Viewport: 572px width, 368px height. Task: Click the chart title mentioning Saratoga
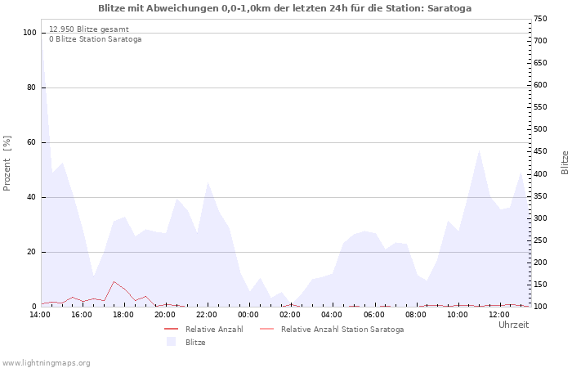click(284, 8)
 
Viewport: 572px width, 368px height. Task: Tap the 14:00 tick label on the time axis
click(40, 314)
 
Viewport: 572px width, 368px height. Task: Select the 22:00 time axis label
click(208, 314)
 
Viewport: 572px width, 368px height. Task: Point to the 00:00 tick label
click(249, 314)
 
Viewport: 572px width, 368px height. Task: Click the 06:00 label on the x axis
click(375, 314)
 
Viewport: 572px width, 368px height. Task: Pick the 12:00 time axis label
click(500, 314)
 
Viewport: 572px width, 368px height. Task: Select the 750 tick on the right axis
click(540, 19)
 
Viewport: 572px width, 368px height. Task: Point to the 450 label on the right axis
click(540, 150)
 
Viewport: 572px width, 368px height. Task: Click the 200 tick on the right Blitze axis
click(540, 263)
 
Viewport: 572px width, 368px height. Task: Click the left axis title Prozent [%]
click(7, 164)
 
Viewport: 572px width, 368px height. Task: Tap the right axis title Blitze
click(565, 162)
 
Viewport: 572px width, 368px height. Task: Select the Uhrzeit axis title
click(513, 325)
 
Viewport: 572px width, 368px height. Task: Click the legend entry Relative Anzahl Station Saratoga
click(342, 330)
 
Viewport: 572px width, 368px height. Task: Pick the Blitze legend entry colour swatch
click(171, 342)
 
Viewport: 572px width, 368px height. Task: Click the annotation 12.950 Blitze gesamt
click(88, 29)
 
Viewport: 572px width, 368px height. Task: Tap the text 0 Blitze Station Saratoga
click(95, 39)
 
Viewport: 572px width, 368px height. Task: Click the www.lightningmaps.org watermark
click(46, 362)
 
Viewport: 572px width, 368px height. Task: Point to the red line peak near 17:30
click(114, 282)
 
